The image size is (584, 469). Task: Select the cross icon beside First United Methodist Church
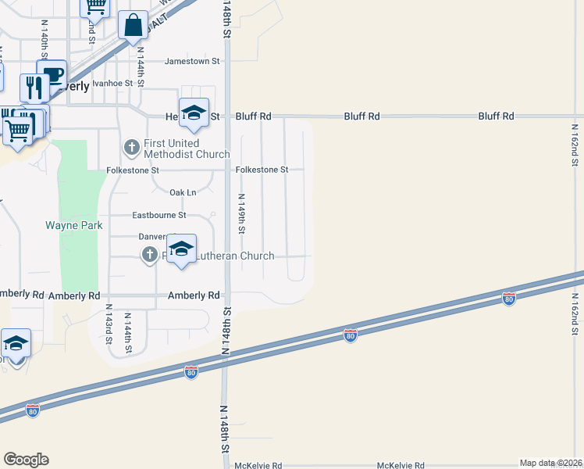coord(131,146)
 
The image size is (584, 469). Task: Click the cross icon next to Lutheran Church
coord(148,255)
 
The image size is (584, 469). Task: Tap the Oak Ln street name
coord(183,192)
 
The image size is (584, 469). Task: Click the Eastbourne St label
coord(159,215)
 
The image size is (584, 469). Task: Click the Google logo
coord(26,459)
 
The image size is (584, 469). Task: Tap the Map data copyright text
coord(550,463)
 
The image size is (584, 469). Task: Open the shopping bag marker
coord(134,26)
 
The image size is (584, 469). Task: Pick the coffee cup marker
coord(53,76)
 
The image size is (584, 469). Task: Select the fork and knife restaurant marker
coord(33,87)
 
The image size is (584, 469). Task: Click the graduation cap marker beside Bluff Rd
coord(194,113)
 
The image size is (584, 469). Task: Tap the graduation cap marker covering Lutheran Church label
coord(181,250)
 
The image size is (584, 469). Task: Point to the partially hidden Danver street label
coord(153,237)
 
